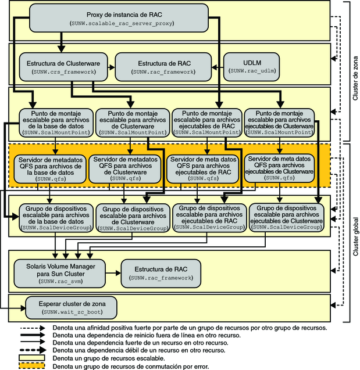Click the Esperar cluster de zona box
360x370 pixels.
[71, 306]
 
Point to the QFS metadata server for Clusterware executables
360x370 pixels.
[280, 168]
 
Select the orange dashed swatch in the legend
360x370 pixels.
[33, 366]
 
